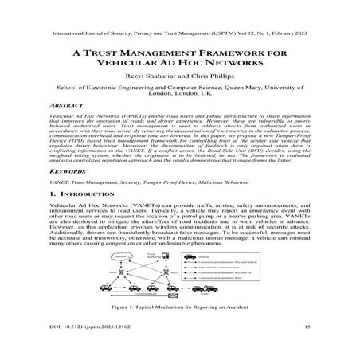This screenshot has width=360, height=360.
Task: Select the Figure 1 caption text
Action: [x=179, y=327]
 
